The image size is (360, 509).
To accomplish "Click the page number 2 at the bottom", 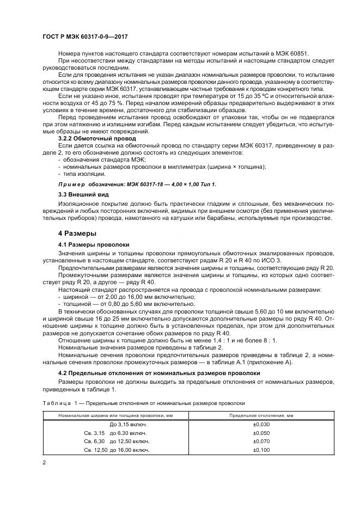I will [x=45, y=462].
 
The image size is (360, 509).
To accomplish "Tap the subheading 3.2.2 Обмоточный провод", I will [x=97, y=139].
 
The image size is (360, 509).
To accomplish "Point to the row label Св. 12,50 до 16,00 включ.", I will [x=115, y=450].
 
